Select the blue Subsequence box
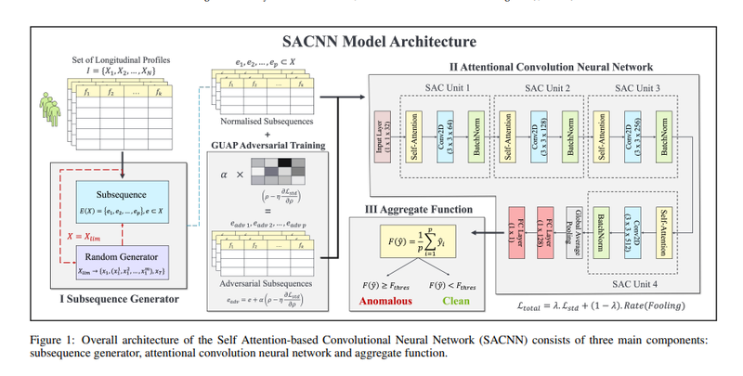100,197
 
